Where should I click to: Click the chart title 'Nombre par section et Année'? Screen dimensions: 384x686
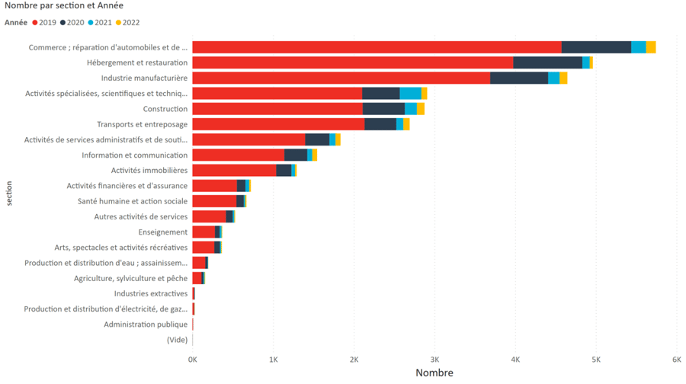pos(64,6)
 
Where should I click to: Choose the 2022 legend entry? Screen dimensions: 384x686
pos(130,23)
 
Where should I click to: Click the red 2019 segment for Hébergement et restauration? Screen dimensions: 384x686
pos(352,62)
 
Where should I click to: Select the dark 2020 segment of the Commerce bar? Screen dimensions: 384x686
pos(596,47)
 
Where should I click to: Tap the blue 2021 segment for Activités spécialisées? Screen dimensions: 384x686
pos(410,94)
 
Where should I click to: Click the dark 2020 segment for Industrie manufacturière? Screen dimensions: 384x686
pos(518,78)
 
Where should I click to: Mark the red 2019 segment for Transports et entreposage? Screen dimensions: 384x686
pos(277,124)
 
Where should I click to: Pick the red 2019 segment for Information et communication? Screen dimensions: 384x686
pos(238,155)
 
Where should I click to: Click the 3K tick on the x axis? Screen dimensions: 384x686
pos(434,360)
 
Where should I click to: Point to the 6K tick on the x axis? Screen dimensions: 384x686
pos(676,360)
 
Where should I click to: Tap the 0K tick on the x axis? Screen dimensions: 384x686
pos(193,360)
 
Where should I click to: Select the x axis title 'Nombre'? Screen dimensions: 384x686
pos(434,373)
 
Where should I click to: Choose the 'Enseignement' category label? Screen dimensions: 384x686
pos(163,232)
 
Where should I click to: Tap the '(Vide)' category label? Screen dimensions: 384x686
pos(177,340)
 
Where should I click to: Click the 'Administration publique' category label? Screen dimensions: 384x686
pos(146,325)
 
